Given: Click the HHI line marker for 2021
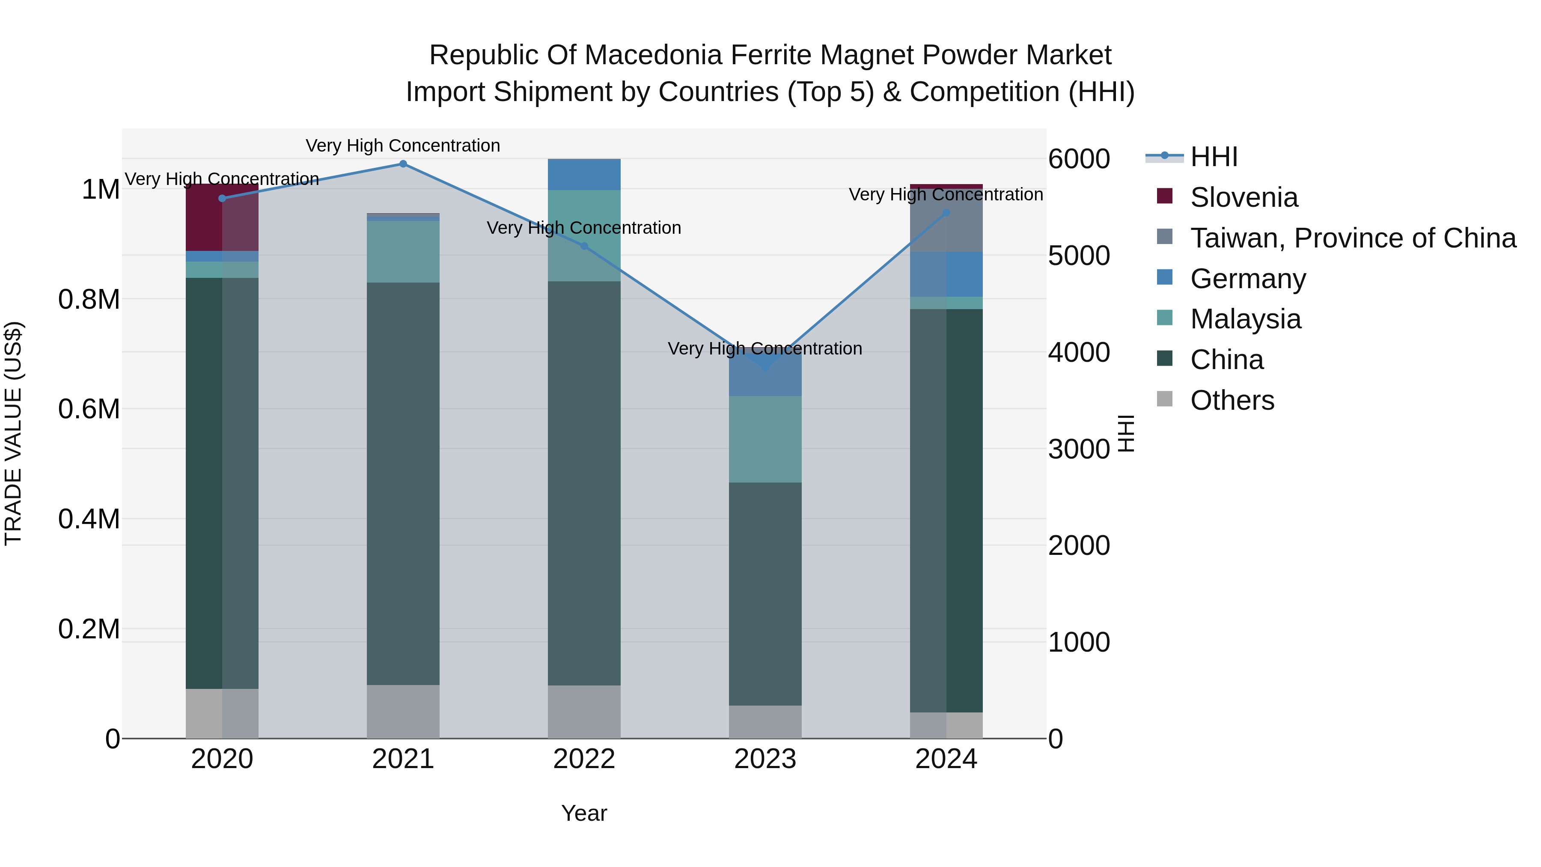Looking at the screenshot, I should click(403, 164).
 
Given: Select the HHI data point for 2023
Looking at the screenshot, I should click(765, 366).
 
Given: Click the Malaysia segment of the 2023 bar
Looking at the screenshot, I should click(765, 439).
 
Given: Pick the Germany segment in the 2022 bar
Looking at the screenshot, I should click(584, 175).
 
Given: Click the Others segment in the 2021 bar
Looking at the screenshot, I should click(403, 712).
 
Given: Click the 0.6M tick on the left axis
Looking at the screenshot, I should click(89, 409).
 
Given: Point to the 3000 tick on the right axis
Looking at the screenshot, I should click(1079, 449).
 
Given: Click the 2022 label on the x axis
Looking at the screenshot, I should click(584, 759).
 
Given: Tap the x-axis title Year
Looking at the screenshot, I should click(584, 813).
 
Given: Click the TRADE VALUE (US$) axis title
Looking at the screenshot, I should click(13, 433).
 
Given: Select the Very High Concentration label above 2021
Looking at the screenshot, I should click(403, 146).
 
